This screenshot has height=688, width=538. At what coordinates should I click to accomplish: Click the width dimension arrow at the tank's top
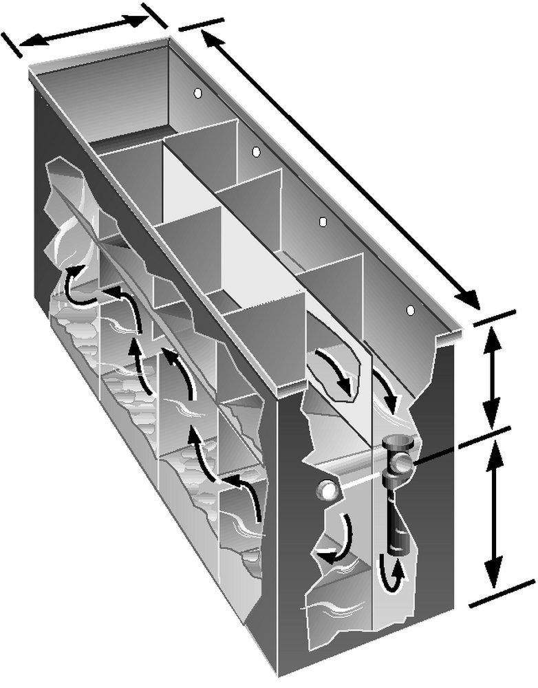[x=83, y=31]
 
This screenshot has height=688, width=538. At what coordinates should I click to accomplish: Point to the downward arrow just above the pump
[x=388, y=395]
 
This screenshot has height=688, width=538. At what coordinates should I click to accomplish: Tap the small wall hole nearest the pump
[x=411, y=311]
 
